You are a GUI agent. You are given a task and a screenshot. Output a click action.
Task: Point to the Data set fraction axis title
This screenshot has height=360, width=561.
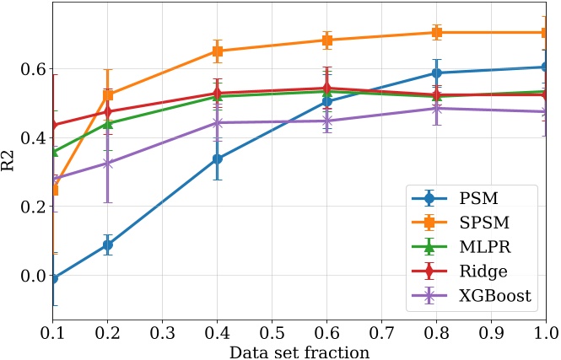point(299,352)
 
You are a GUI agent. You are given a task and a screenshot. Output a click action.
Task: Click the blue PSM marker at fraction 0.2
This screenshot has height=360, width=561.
point(108,244)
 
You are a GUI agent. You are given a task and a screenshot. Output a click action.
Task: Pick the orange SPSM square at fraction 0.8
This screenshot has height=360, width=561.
point(437,33)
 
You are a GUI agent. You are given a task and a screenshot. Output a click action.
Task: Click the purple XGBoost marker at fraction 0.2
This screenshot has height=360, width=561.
point(108,164)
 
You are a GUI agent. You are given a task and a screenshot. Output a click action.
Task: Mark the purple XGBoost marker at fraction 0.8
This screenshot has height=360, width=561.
point(437,109)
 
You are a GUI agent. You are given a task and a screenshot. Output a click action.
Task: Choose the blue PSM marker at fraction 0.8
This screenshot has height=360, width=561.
point(437,73)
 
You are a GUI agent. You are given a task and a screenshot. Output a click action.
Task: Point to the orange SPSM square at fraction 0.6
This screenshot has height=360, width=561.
point(327,40)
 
